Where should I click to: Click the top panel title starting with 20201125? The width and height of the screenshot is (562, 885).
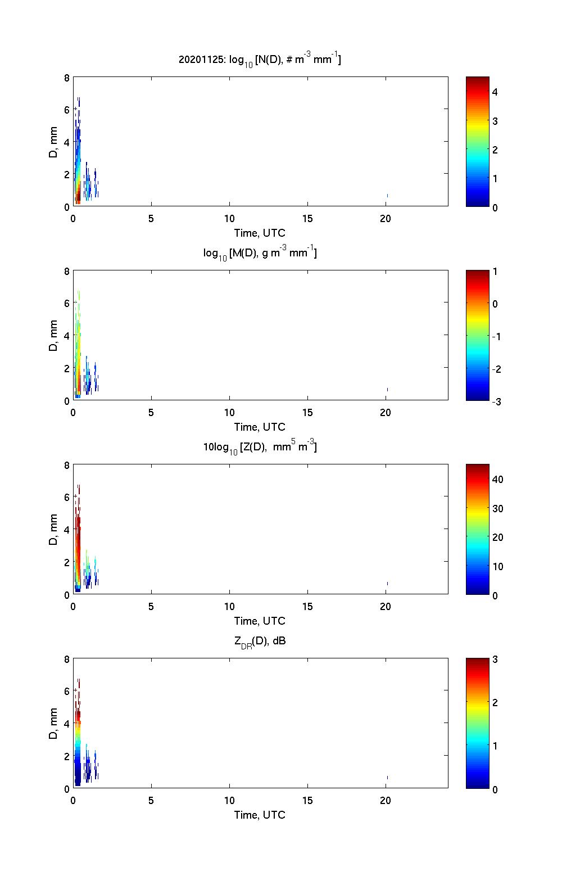tap(260, 59)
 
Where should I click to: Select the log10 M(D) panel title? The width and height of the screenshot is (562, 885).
tap(260, 253)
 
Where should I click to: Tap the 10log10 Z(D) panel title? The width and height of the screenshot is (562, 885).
tap(260, 447)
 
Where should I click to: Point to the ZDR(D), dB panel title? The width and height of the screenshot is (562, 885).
tap(260, 641)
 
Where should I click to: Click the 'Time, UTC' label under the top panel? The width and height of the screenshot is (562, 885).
tap(260, 233)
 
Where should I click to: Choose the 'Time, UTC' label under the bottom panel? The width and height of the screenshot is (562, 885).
tap(260, 815)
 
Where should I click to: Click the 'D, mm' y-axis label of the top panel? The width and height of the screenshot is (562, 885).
tap(54, 142)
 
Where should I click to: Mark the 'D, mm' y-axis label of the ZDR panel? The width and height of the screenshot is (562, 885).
tap(54, 724)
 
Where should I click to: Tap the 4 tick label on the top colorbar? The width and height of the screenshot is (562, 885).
tap(495, 92)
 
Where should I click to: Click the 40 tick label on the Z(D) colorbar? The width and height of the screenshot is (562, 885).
tap(497, 480)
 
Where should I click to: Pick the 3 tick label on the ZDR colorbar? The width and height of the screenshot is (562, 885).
tap(495, 660)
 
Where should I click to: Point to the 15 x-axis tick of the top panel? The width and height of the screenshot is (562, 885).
tap(307, 219)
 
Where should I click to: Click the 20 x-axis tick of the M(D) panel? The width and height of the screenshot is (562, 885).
tap(385, 413)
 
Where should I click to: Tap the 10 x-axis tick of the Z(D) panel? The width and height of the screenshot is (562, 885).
tap(229, 607)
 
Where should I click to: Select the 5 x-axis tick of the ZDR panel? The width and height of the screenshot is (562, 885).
tap(151, 801)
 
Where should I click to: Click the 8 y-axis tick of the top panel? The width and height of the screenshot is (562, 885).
tap(67, 78)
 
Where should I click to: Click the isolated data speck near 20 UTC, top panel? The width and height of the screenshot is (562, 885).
tap(387, 195)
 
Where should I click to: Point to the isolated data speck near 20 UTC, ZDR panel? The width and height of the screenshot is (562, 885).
tap(387, 777)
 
